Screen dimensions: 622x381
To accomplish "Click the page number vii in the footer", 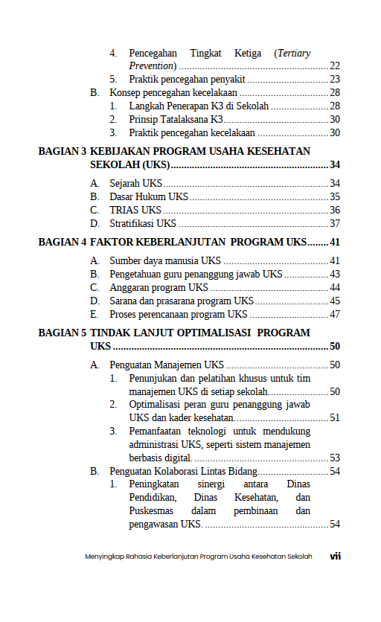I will (335, 556).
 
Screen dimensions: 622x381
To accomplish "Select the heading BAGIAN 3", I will (63, 151).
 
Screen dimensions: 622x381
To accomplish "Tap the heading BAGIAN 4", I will (63, 242).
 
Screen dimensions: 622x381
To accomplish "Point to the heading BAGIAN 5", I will (63, 333).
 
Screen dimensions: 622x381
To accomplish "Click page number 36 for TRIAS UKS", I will (335, 210).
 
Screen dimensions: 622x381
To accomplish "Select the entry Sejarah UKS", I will (135, 183).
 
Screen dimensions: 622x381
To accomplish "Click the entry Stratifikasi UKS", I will (143, 223).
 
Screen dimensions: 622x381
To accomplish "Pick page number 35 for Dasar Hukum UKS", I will (335, 196).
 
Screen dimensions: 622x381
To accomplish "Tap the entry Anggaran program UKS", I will (159, 287).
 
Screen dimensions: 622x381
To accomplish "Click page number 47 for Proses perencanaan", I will (335, 314).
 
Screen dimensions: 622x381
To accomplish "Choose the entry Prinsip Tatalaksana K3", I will (176, 119).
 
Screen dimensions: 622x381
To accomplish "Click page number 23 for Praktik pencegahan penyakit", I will (335, 79).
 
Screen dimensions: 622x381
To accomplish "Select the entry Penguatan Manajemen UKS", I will (167, 365).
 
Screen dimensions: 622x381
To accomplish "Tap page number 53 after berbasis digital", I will (335, 458).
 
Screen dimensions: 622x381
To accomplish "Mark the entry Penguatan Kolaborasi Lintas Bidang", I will (183, 471).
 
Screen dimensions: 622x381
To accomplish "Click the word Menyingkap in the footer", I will (102, 557).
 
